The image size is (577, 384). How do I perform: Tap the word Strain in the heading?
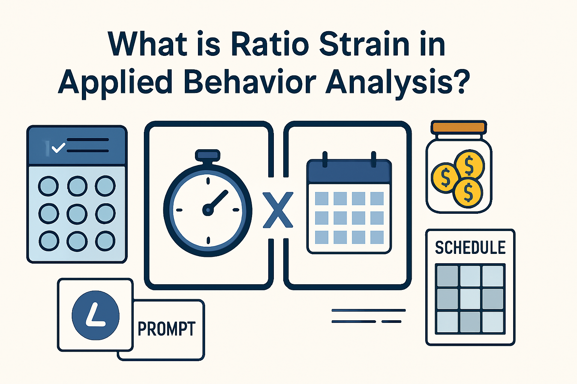coord(363,44)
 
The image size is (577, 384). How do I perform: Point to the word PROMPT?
coord(166,329)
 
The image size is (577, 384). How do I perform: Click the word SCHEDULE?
coord(470,248)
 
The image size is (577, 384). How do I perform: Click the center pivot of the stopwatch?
coord(208,210)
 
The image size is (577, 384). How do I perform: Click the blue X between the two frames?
coord(278,210)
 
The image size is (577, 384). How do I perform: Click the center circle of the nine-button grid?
coord(77,214)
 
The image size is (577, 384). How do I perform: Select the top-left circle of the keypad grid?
coord(49,186)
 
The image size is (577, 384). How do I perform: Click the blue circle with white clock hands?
coord(95,315)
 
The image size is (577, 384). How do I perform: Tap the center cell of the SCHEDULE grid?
coord(470,299)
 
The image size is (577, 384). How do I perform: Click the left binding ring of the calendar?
coord(325,159)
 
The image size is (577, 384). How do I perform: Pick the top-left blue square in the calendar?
coord(322,198)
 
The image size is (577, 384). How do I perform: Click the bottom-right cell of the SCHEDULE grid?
coord(492,322)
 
